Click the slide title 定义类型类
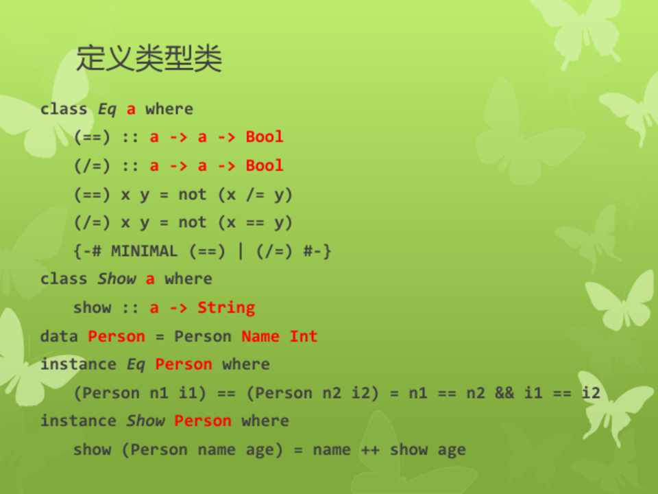click(149, 58)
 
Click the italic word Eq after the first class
click(107, 110)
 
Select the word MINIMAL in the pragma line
click(144, 251)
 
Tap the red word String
click(226, 308)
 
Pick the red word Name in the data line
click(260, 336)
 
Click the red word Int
click(304, 336)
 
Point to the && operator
click(504, 392)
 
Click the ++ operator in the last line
click(370, 450)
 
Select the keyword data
click(59, 336)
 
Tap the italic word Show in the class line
click(117, 279)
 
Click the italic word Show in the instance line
click(145, 421)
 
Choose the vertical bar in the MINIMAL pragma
click(241, 251)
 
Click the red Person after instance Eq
click(184, 364)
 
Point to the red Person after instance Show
click(203, 421)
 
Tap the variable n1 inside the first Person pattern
click(158, 392)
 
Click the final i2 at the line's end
click(591, 392)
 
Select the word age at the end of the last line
click(452, 451)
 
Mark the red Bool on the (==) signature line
click(265, 137)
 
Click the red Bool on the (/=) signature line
click(265, 165)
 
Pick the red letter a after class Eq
click(131, 110)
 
